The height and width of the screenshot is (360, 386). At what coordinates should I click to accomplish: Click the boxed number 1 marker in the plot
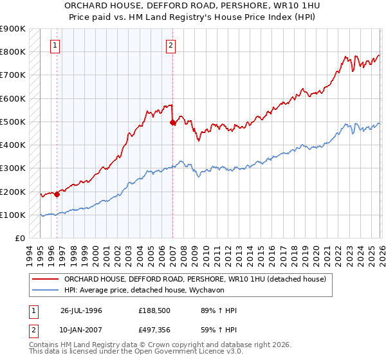pyautogui.click(x=56, y=45)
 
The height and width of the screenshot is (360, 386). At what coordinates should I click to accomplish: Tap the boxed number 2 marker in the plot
pyautogui.click(x=171, y=45)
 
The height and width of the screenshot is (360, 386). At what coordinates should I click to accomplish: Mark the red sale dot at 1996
pyautogui.click(x=57, y=194)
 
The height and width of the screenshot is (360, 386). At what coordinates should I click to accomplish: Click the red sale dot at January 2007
pyautogui.click(x=172, y=122)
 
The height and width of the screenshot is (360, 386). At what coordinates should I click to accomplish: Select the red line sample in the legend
pyautogui.click(x=46, y=279)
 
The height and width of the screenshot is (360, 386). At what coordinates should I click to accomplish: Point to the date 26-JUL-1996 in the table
pyautogui.click(x=82, y=310)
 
